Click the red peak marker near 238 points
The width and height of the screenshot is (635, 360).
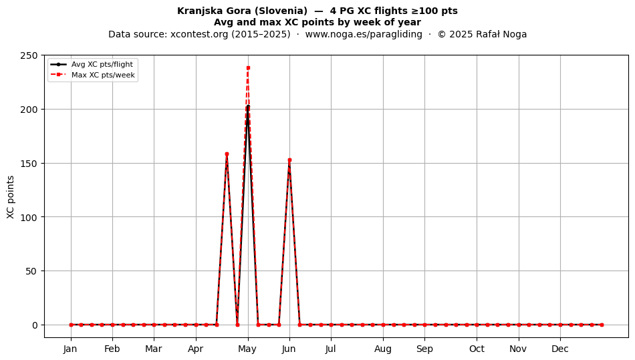coord(248,68)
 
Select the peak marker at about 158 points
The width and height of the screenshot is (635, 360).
coord(227,154)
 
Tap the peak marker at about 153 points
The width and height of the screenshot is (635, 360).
coord(289,160)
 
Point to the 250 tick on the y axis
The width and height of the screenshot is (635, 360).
coord(29,55)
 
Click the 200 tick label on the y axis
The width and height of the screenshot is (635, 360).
coord(29,110)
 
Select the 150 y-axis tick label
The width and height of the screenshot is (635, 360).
coord(29,164)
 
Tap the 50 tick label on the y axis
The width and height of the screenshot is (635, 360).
coord(31,271)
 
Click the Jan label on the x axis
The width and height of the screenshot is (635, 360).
coord(70,349)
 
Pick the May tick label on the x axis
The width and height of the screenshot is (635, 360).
coord(247,349)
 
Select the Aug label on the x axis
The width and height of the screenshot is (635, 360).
coord(383,349)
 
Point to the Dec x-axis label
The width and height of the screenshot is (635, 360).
coord(560,349)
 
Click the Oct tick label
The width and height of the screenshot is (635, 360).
coord(477,349)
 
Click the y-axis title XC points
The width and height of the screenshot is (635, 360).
coord(11,198)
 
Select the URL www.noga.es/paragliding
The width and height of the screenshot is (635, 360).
coord(364,34)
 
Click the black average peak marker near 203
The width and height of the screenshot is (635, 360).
coord(248,106)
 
